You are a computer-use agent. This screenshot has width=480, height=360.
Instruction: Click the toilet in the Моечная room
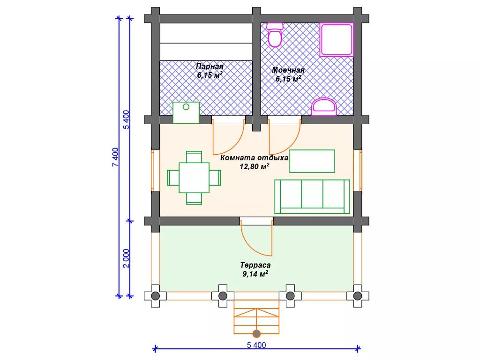coord(275,35)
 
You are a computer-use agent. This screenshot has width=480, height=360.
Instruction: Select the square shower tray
coord(337,39)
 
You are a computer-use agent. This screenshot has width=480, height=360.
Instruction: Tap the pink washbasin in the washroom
coord(324,107)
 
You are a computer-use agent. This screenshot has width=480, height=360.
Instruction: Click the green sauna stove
coord(186,112)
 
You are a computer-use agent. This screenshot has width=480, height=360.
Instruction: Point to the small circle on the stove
coord(186,107)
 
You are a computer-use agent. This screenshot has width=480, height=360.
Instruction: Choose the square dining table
coord(194,178)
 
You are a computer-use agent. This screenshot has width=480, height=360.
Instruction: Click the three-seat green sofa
coord(312,196)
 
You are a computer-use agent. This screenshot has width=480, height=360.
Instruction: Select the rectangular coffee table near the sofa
coord(312,161)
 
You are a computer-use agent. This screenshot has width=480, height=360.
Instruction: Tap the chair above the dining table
coord(194,157)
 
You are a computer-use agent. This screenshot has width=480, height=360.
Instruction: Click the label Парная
coord(210,67)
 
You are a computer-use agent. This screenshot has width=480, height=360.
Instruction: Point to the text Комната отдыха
coord(254,158)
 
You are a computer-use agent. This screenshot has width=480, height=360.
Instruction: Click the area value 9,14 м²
coord(255,273)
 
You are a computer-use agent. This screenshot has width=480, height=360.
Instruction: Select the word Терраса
coord(255,265)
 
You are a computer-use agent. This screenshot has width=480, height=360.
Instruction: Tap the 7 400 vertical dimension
coord(115,157)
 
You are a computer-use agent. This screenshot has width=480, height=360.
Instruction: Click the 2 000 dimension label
coord(127,259)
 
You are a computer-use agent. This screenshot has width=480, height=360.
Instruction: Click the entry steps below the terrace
coord(256,317)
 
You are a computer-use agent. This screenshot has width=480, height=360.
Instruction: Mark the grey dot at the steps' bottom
coord(256,334)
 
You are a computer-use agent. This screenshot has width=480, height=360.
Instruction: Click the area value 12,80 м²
coord(255,166)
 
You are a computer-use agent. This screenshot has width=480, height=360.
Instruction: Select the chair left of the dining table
coord(173,178)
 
